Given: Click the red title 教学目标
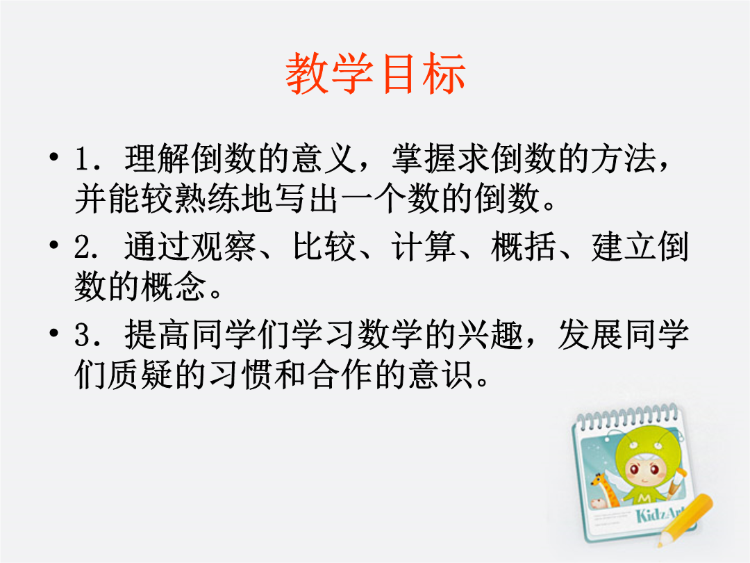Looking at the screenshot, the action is click(x=376, y=73).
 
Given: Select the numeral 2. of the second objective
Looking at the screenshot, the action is click(x=87, y=247).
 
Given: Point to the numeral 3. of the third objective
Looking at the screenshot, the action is click(x=87, y=334).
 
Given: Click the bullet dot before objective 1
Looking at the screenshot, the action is click(x=54, y=156).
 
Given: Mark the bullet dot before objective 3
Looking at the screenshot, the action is click(x=54, y=332).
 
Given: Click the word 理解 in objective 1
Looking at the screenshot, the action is click(x=158, y=158).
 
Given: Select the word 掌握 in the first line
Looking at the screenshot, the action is click(x=424, y=158).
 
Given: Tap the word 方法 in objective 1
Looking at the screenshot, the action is click(x=624, y=158).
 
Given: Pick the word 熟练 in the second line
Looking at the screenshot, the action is click(x=208, y=198).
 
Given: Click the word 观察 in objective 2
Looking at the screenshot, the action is click(x=224, y=247).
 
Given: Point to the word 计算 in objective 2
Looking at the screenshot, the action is click(x=424, y=247).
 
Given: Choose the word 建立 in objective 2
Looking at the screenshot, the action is click(x=624, y=247).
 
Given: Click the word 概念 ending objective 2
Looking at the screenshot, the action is click(x=174, y=286).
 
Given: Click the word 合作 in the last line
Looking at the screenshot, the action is click(x=340, y=374).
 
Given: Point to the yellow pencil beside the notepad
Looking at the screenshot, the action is click(x=685, y=520).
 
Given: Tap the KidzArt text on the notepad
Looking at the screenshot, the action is click(x=658, y=514).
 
